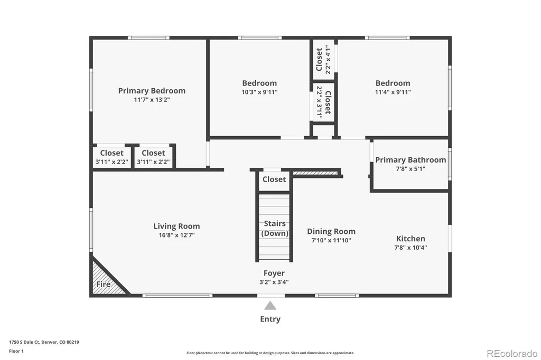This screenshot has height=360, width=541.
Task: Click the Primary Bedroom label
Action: pos(152,91)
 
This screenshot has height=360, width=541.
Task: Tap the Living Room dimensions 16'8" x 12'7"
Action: pos(176,235)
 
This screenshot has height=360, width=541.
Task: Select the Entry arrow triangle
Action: pos(270,306)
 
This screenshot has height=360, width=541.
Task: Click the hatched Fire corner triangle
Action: pos(107,279)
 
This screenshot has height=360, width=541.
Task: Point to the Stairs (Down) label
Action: pos(275,228)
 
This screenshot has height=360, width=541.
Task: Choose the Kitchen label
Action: pos(411,239)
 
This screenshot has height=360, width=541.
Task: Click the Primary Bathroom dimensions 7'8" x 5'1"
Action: pos(411,169)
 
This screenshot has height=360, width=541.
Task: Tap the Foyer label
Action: pos(274,273)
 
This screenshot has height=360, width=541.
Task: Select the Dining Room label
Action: pos(331,231)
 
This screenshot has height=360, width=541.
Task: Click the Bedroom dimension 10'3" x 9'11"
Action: pos(259,92)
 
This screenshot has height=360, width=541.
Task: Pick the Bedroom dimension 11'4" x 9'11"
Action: pos(393,92)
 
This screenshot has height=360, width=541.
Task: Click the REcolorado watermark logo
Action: pos(512,354)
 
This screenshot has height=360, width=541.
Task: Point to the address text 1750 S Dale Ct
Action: pos(24,342)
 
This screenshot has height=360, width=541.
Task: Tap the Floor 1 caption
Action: pos(16,351)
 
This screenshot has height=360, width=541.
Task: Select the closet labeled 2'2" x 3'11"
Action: pos(324,102)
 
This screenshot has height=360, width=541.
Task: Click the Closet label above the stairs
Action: pos(274,179)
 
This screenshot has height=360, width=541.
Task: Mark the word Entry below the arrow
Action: pos(270,319)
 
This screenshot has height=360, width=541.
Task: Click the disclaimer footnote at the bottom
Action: pos(270,353)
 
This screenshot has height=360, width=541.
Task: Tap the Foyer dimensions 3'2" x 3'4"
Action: pos(274,282)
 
